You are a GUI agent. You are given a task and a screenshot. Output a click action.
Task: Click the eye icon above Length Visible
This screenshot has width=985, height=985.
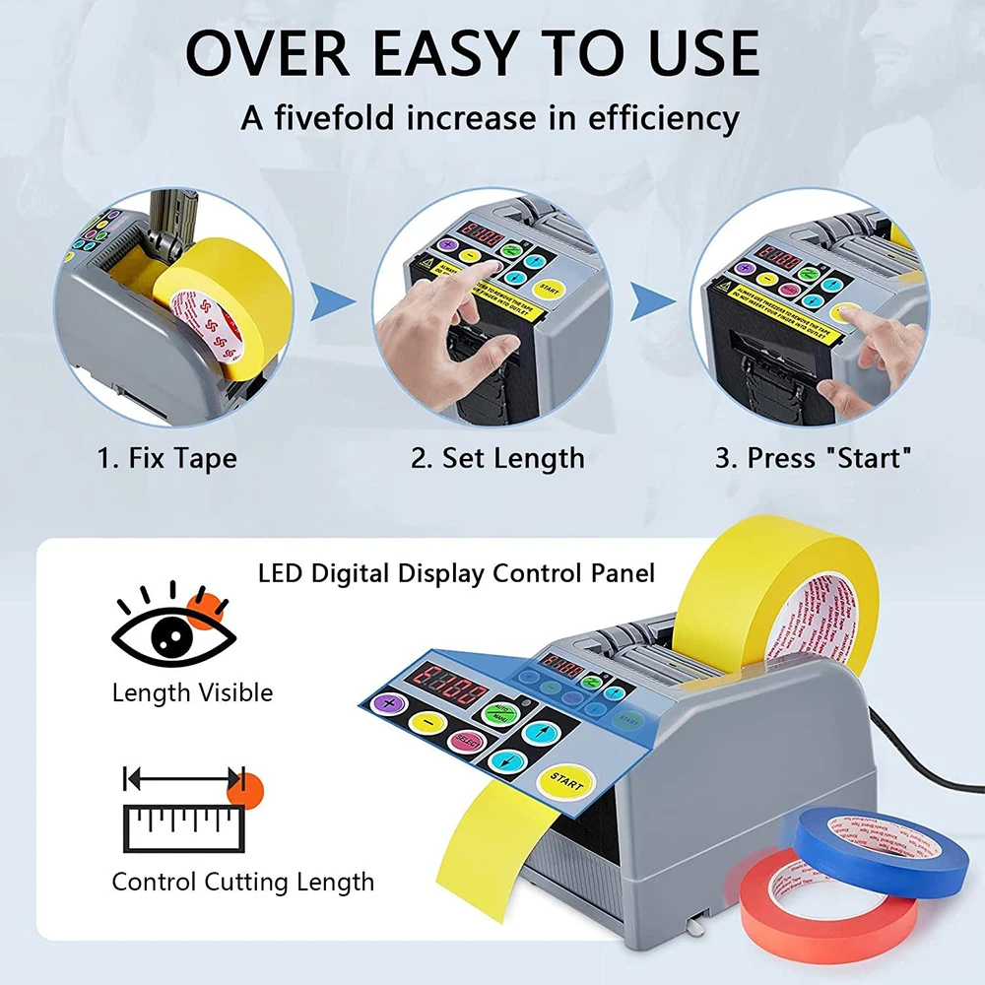(x=173, y=634)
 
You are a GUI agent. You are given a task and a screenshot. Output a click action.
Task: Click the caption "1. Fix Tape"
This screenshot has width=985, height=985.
(x=166, y=459)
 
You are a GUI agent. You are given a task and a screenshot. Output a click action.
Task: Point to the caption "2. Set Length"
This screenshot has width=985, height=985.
(x=497, y=459)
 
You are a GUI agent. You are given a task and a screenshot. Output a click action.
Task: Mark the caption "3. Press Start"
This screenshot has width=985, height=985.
(x=814, y=459)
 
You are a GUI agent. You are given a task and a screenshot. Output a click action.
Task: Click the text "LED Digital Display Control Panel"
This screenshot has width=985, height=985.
(x=456, y=572)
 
